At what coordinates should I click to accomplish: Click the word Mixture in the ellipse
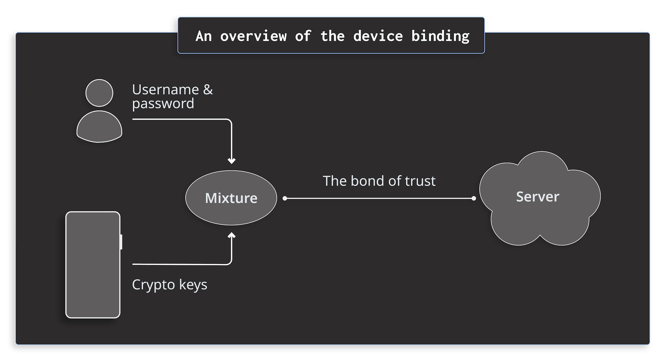[231, 198]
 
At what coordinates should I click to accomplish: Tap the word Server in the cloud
[537, 197]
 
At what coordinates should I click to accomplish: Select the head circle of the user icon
[99, 93]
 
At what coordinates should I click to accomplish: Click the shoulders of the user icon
[99, 128]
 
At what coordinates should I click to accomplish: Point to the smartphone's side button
[121, 242]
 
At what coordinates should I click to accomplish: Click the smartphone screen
[93, 265]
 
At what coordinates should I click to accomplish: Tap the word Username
[165, 90]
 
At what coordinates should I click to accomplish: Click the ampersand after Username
[208, 90]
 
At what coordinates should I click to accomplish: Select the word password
[163, 104]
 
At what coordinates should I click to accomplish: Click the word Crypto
[153, 285]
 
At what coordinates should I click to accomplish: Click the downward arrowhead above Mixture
[231, 161]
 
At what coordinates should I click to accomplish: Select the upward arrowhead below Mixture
[231, 235]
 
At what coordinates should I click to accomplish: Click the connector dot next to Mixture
[285, 198]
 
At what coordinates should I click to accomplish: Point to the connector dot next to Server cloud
[474, 198]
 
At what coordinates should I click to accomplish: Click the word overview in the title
[253, 36]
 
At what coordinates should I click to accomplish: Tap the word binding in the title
[440, 36]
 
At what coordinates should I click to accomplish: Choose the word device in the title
[378, 36]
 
